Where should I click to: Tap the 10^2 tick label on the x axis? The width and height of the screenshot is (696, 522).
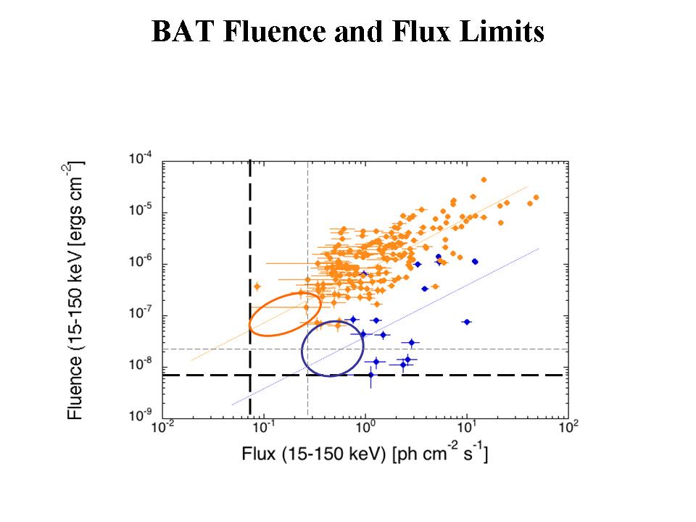(x=568, y=429)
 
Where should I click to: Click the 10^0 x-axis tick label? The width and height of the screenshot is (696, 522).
(x=365, y=429)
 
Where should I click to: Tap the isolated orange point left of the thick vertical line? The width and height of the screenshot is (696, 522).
(x=257, y=286)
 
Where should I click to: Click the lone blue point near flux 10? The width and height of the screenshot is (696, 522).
(x=467, y=322)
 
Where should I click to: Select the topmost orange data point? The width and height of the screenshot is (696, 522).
(x=484, y=180)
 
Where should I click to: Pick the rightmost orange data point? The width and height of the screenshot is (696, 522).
(x=536, y=197)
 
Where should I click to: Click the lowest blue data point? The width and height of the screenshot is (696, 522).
(x=370, y=375)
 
